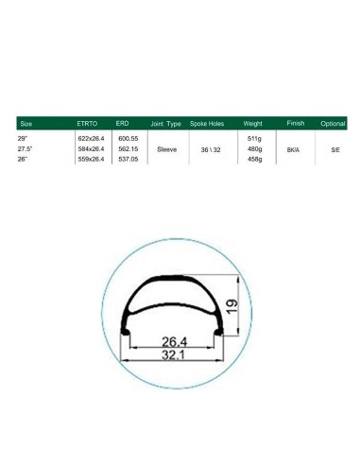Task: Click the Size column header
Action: (x=26, y=125)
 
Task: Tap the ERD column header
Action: (x=122, y=125)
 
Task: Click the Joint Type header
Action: (x=165, y=125)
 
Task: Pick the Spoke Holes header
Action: (x=206, y=125)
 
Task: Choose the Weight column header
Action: (x=253, y=125)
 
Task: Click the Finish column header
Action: (x=296, y=125)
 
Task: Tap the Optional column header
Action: (x=334, y=125)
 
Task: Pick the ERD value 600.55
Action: (x=129, y=139)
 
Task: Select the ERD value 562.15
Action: (x=129, y=149)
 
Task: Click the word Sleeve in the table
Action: (x=166, y=149)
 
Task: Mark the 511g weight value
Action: (x=253, y=139)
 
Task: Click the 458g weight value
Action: (x=253, y=160)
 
